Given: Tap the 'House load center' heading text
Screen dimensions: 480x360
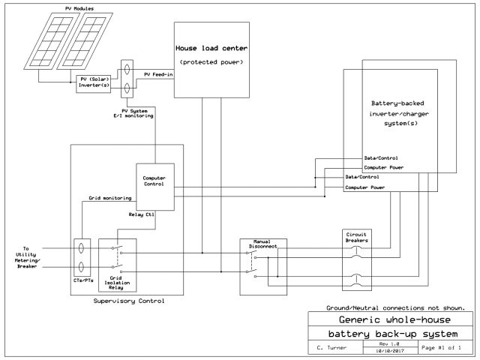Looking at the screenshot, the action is pyautogui.click(x=211, y=48).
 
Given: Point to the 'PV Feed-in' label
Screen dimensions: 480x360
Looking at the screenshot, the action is pyautogui.click(x=158, y=74).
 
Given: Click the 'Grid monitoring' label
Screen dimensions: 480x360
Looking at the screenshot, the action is pyautogui.click(x=110, y=198).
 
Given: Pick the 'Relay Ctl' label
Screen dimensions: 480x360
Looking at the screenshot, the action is pyautogui.click(x=142, y=214).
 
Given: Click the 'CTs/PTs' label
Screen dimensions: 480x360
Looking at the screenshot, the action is pyautogui.click(x=83, y=280).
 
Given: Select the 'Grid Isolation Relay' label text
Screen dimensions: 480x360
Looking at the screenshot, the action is pyautogui.click(x=117, y=283).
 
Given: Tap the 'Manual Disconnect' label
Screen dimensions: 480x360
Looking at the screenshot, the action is pyautogui.click(x=262, y=244).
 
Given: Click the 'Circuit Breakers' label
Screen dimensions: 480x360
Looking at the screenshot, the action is pyautogui.click(x=357, y=238).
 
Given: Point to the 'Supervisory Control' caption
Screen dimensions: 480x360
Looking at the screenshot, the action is pyautogui.click(x=129, y=301).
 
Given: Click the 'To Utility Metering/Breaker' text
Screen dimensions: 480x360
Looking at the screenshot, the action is pyautogui.click(x=27, y=257).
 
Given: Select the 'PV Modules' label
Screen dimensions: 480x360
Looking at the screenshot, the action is pyautogui.click(x=79, y=8).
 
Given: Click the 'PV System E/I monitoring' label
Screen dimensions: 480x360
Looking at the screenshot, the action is pyautogui.click(x=133, y=113).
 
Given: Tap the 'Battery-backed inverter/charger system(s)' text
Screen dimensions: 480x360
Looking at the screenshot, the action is pyautogui.click(x=398, y=113).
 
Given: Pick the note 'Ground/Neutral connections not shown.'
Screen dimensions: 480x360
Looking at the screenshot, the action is pyautogui.click(x=395, y=307).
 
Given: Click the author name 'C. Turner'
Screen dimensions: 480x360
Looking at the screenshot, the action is pyautogui.click(x=331, y=348).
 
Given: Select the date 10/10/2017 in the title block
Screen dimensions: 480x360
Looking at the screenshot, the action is pyautogui.click(x=390, y=351).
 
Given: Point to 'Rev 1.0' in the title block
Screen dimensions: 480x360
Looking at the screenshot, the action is pyautogui.click(x=389, y=343).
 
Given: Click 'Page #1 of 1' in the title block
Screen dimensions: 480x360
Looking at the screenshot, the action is pyautogui.click(x=441, y=347).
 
